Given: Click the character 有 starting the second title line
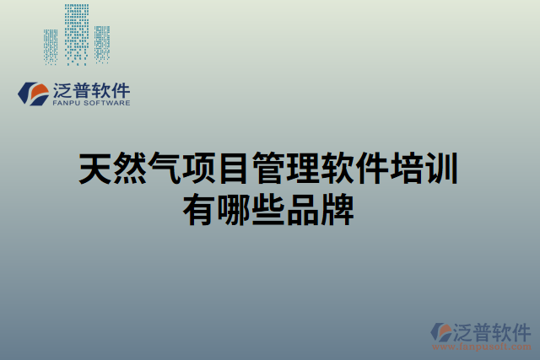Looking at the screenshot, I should pos(199,208).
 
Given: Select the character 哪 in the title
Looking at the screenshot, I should pos(234,208).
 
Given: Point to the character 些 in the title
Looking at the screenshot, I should pos(269,208).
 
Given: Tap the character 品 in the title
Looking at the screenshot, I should pos(305,208).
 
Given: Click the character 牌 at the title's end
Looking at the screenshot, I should pos(339,208).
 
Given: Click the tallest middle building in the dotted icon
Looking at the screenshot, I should pos(78,34).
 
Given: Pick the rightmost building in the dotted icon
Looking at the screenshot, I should pos(102,44).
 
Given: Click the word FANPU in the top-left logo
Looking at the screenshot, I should pos(66,105).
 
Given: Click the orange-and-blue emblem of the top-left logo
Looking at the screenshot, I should pos(33,94).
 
